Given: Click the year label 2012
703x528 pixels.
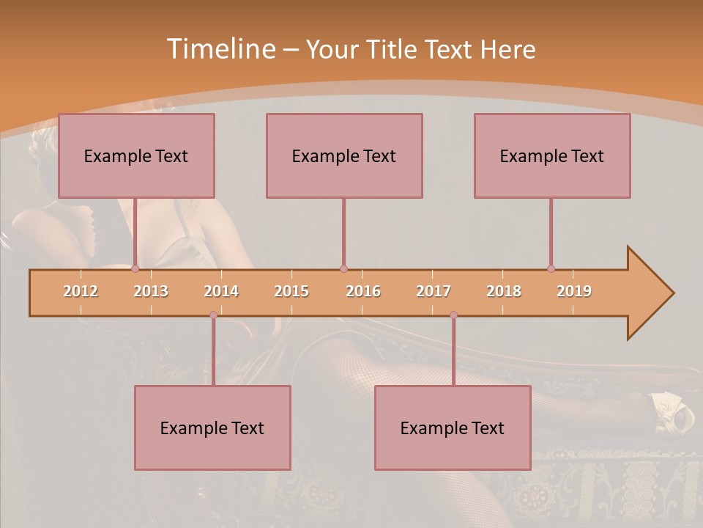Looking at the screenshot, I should pos(81,291).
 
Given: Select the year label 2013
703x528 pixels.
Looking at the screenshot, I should pos(151,291).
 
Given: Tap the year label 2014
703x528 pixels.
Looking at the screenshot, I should pos(221,291).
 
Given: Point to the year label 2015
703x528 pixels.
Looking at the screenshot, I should pos(291,291).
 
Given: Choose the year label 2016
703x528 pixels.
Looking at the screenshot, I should pos(363,291).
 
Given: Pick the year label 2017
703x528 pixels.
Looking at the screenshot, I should pos(434,291).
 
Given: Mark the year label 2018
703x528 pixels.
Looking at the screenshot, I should pos(504,291).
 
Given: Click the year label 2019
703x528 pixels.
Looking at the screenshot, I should pos(574,291).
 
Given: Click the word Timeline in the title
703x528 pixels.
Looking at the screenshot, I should pos(220,49).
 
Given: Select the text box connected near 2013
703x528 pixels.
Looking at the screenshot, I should pos(136,155).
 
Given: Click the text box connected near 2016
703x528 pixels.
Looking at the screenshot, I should pos(344,155).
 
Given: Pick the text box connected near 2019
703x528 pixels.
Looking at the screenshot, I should pos(552,155).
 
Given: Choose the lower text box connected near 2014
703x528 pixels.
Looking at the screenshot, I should pos(212,428).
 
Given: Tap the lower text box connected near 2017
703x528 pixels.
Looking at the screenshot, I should pos(453,428).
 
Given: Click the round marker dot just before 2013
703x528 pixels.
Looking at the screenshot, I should pos(135,268).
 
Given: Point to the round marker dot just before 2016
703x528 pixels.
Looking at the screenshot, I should pos(343,268).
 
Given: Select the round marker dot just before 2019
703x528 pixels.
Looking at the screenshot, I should pos(551,268).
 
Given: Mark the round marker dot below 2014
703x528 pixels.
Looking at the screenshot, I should pos(213,315).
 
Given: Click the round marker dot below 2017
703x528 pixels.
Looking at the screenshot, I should pos(453,315).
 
